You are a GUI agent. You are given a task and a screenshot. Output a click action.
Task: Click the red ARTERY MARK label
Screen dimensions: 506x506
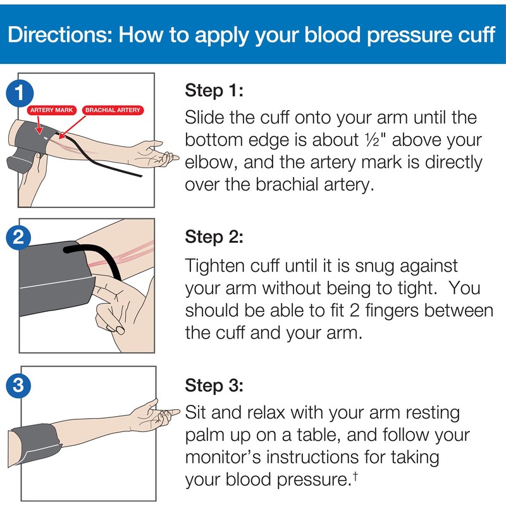[x=52, y=110]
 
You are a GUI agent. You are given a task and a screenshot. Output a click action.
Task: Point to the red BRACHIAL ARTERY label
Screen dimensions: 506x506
[x=113, y=110]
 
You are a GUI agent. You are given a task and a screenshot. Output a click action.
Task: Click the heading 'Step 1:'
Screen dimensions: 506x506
[x=214, y=90]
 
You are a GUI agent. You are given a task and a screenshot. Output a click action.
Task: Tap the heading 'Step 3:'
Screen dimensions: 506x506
[x=214, y=385]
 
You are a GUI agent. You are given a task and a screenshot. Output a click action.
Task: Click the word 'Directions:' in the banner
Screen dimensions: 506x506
[x=58, y=34]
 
